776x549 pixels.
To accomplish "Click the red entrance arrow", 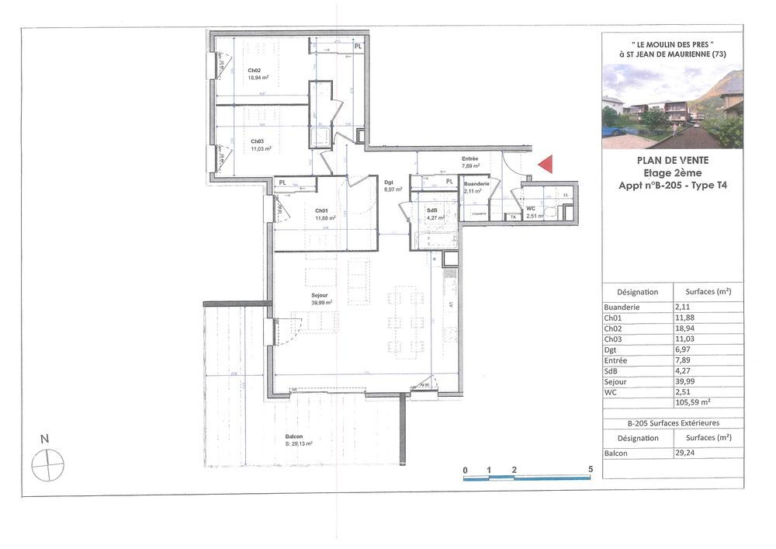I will pos(546,164).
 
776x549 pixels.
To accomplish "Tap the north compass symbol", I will pos(47,465).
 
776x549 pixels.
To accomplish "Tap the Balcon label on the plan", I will pos(294,437).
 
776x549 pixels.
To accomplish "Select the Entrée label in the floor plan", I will pos(469,158).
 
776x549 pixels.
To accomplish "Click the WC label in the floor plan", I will pos(532,210).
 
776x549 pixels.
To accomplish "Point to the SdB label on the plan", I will pos(433,211).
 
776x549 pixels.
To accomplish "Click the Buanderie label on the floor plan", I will pos(476,183).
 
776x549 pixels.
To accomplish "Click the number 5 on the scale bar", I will pos(591,469).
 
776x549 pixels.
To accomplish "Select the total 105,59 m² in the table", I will pos(693,402).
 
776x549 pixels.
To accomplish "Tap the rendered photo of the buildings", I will pos(672,107).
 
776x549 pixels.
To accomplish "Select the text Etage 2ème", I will pos(671,173).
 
